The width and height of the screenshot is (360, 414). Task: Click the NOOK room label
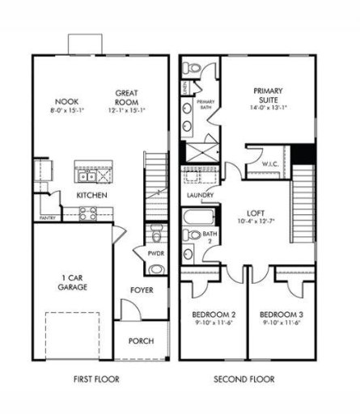[x=55, y=101]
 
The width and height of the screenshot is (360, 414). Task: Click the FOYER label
[x=142, y=289]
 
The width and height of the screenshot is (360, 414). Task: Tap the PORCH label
[x=141, y=340]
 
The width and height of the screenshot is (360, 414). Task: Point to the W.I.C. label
[x=270, y=163]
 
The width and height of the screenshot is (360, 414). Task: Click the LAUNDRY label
[x=199, y=196]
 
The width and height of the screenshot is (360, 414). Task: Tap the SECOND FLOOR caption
[x=244, y=378]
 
